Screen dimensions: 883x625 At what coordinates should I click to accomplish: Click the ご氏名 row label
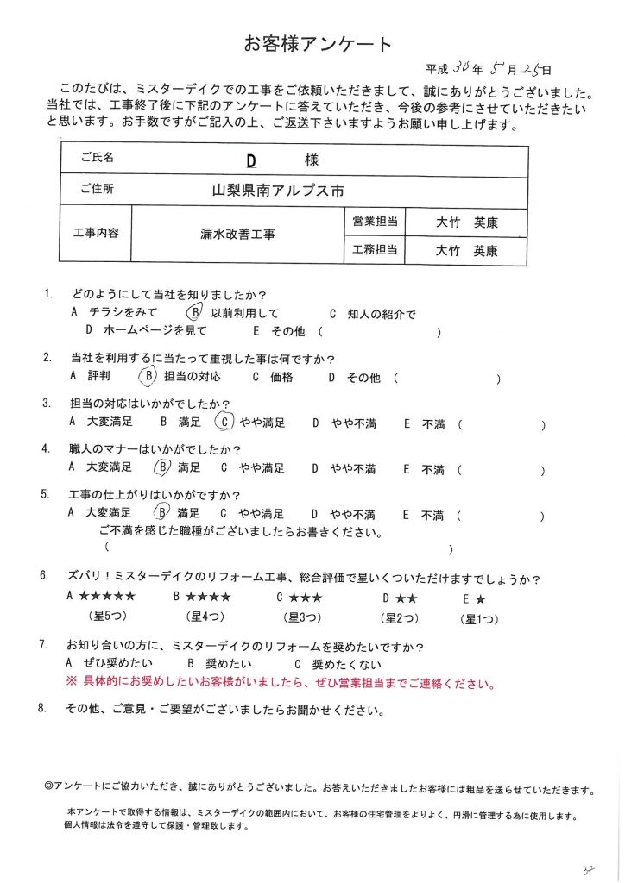point(97,159)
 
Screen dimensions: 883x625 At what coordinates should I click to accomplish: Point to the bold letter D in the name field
point(251,160)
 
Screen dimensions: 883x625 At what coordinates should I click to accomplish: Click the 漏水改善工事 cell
point(239,234)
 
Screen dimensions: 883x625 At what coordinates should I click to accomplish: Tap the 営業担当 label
point(375,222)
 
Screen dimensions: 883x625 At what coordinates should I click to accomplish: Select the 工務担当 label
point(375,251)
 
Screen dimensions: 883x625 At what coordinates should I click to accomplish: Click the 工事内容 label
point(98,234)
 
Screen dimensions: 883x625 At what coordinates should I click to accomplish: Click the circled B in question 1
point(196,313)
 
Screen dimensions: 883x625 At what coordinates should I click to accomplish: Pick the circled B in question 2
point(148,376)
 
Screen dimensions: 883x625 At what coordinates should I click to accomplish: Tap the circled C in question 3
point(224,423)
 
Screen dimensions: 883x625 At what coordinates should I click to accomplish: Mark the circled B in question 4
point(161,468)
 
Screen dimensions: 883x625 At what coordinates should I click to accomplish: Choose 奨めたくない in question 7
point(344,664)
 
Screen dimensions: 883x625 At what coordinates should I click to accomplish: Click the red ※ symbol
point(72,685)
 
